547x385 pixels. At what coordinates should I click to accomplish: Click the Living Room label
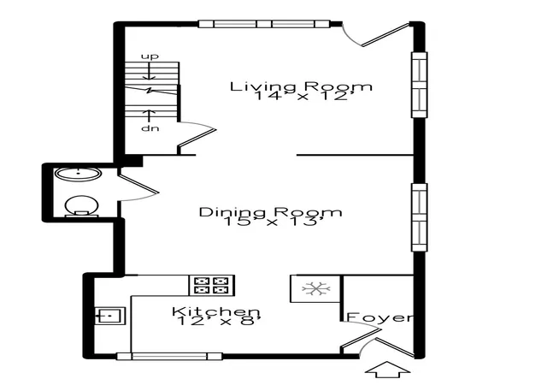point(301,86)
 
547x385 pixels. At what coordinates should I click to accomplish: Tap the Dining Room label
point(270,212)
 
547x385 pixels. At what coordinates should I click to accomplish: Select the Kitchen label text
point(216,311)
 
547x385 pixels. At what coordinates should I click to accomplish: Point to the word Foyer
point(379,317)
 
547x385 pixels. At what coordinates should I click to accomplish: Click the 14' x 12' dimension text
point(302,96)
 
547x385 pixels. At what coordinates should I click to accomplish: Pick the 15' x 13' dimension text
point(269,221)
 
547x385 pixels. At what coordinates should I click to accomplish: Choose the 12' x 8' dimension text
point(219,320)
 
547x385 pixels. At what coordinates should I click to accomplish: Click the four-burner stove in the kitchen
point(212,286)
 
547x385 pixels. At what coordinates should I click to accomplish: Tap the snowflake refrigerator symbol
point(315,289)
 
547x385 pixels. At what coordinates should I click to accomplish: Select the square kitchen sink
point(110,316)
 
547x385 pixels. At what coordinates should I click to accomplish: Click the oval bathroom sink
point(79,174)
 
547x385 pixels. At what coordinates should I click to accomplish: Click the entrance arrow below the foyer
point(387,370)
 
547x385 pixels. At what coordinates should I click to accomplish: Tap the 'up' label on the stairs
point(150,56)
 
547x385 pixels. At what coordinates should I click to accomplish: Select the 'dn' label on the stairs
point(150,128)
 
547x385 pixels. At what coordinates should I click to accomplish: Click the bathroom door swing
point(138,185)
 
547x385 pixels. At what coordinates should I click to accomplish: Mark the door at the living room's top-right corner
point(376,34)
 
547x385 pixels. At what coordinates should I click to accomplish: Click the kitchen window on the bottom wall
point(169,357)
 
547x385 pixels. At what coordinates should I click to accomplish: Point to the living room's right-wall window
point(420,85)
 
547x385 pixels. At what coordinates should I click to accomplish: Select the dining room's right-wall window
point(420,217)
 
